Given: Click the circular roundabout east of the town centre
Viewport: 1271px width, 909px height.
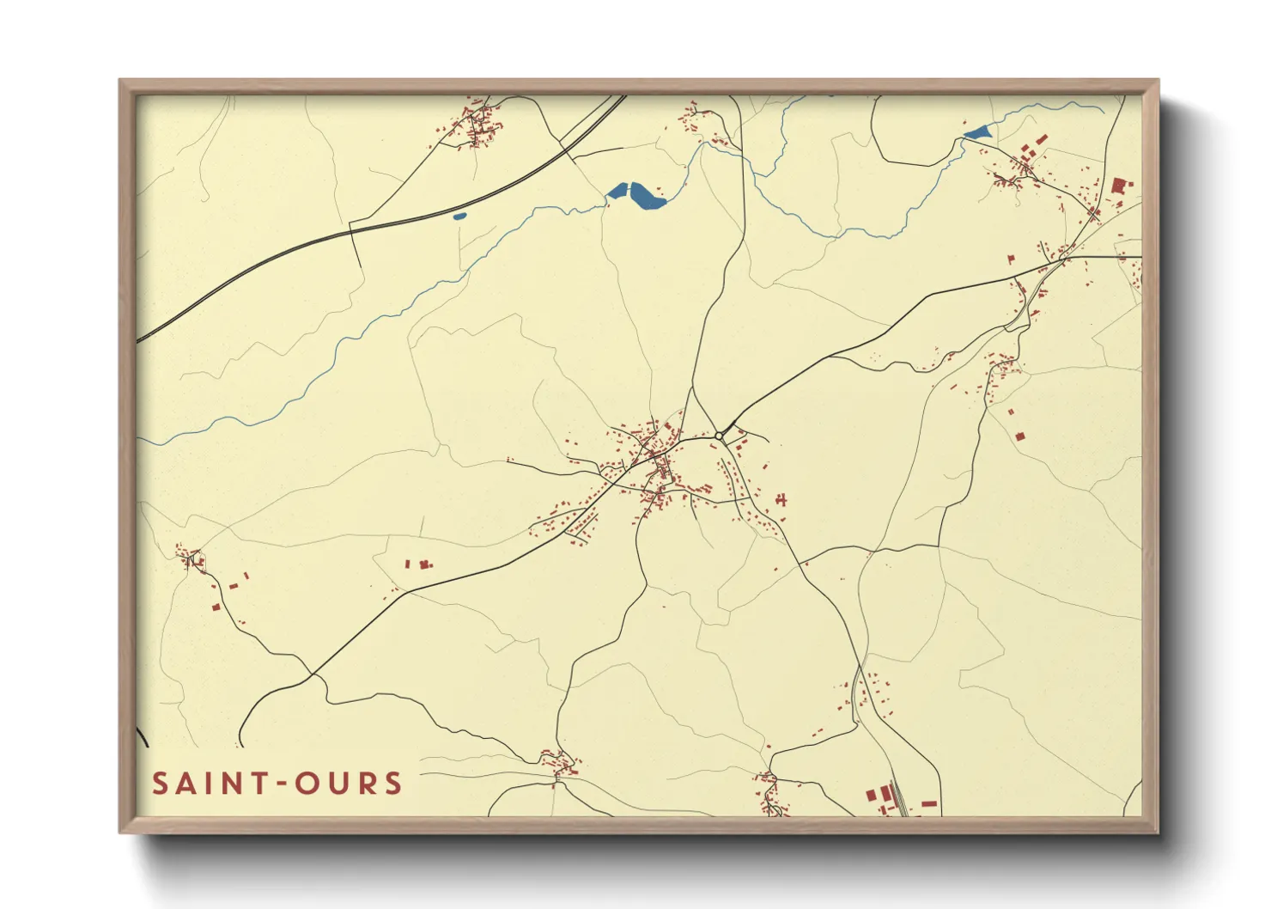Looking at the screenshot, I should coord(718,436).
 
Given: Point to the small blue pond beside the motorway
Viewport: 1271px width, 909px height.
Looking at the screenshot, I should coord(459,216).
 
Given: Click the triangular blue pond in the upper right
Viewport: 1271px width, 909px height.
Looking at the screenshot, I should coord(978,132).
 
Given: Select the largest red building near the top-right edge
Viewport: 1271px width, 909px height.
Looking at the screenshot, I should coord(1118,186).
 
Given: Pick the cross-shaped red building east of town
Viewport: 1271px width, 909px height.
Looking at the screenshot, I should coord(781,498).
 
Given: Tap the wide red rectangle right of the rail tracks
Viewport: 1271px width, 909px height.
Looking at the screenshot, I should coord(928,803).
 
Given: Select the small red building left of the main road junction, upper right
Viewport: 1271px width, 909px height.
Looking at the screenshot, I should coord(1011,258).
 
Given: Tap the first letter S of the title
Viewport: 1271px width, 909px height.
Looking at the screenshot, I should coord(160,784).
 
